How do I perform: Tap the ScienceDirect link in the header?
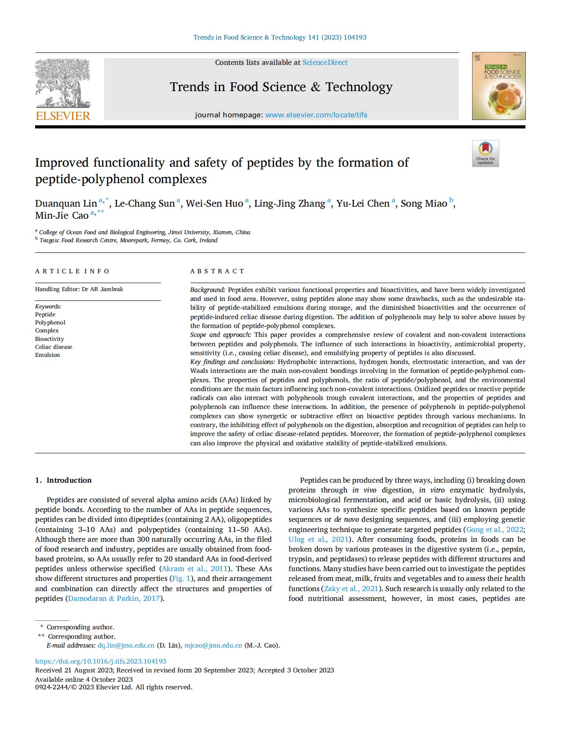325,63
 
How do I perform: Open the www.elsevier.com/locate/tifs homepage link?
316,115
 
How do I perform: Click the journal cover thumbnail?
498,86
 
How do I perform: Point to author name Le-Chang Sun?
144,204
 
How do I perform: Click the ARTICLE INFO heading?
72,271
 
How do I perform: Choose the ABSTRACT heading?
217,271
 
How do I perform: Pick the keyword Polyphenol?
50,323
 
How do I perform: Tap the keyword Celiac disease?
53,347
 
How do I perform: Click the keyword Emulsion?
47,355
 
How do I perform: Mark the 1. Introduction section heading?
64,480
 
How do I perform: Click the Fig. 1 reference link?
181,578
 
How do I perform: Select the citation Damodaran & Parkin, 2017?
114,598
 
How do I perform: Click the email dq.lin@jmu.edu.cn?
126,645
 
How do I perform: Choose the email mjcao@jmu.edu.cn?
213,645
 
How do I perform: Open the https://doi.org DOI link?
100,661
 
